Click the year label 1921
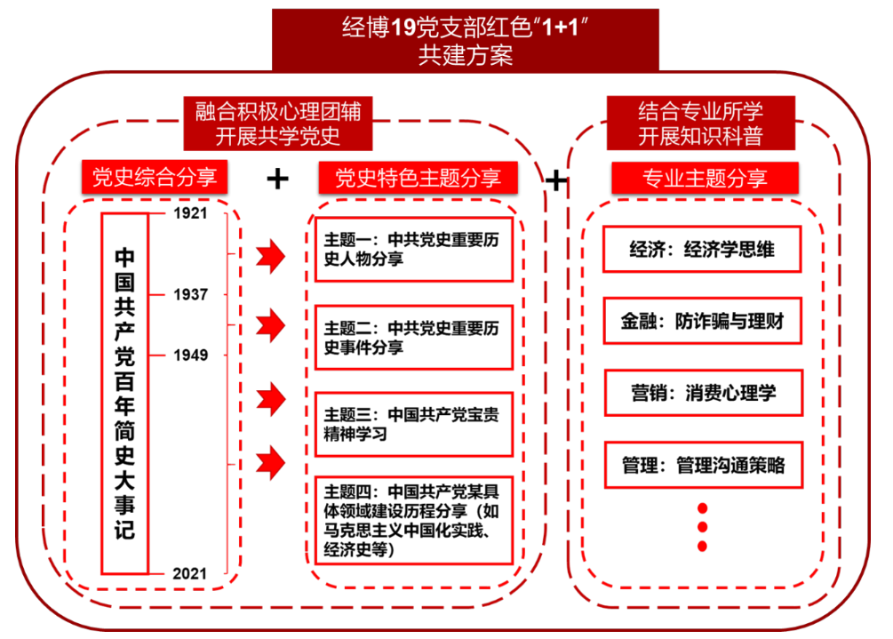(x=190, y=213)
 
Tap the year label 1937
(x=190, y=294)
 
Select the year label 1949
(x=190, y=355)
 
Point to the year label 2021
(x=190, y=574)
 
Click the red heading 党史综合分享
(x=149, y=177)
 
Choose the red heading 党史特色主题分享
(x=417, y=178)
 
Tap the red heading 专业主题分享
(x=705, y=178)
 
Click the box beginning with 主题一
(x=414, y=249)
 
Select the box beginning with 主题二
(x=414, y=337)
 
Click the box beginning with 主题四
(x=414, y=520)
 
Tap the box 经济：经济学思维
(x=702, y=250)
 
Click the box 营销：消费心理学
(x=702, y=392)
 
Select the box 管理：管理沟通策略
(x=702, y=464)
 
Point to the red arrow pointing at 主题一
(x=270, y=258)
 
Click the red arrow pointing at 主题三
(x=270, y=396)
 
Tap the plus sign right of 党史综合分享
(x=278, y=180)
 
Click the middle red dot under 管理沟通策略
(x=702, y=527)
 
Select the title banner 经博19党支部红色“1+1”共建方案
(x=465, y=40)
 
